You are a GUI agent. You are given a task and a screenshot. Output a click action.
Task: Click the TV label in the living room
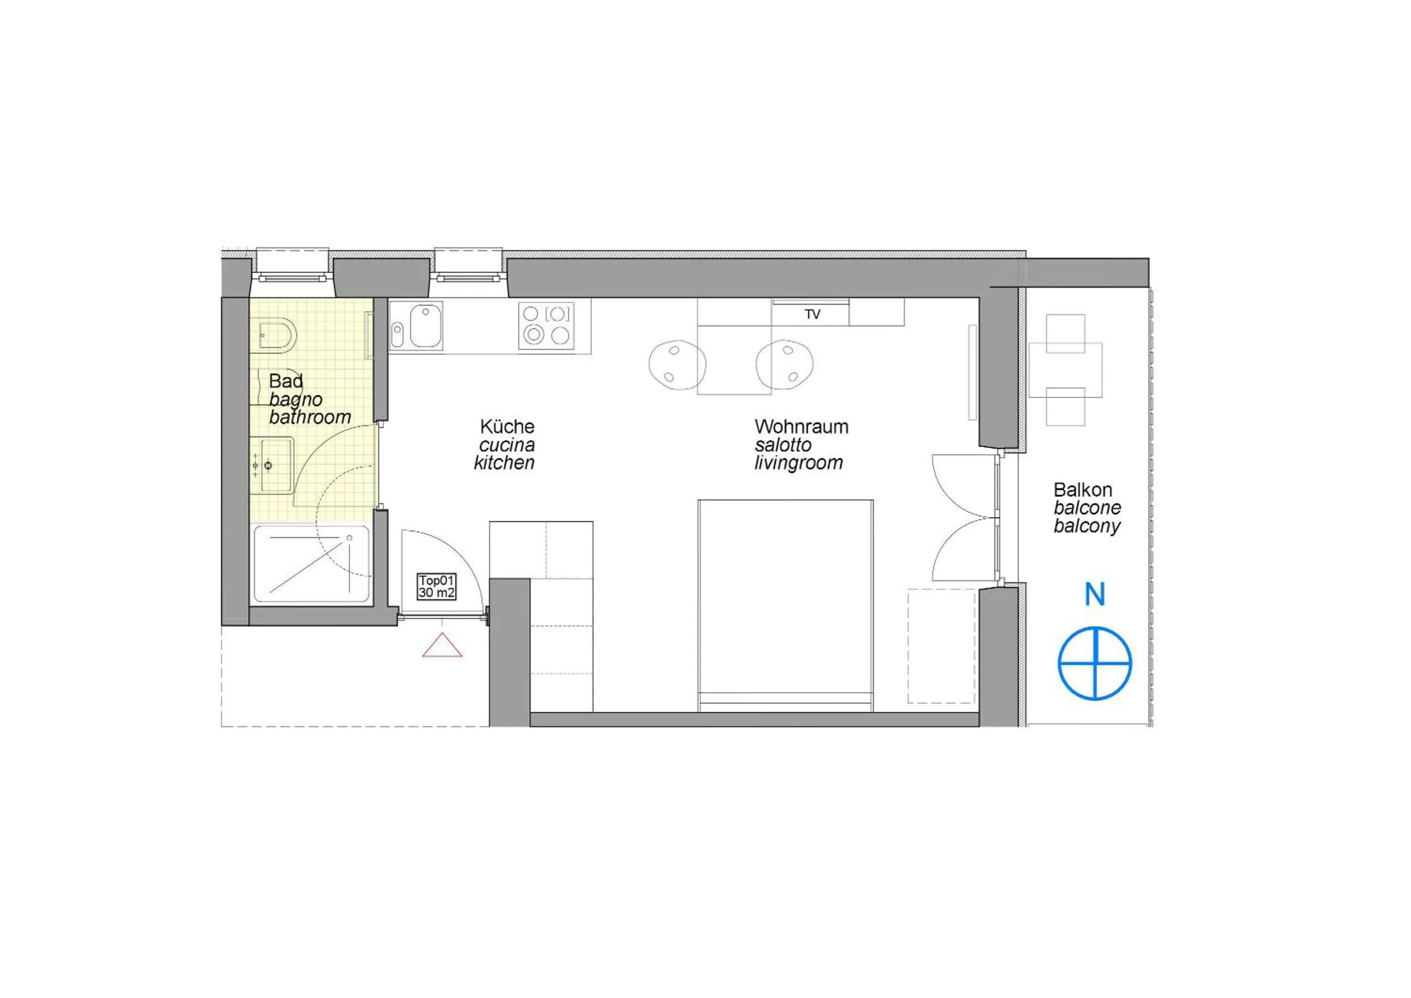point(812,315)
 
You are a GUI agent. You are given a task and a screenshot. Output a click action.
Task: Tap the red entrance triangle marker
point(442,647)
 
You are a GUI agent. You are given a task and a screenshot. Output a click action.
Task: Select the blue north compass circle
point(1094,664)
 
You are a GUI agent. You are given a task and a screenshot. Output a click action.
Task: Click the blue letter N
point(1094,594)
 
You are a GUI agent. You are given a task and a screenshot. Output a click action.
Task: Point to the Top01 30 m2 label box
point(436,586)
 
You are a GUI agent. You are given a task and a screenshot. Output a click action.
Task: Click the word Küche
point(507,427)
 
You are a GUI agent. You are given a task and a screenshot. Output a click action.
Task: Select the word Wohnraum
point(801,427)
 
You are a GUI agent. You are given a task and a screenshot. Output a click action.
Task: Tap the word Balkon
point(1083,490)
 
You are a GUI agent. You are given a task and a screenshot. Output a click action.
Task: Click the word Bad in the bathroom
point(286,381)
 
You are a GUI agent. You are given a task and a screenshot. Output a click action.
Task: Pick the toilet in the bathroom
point(277,335)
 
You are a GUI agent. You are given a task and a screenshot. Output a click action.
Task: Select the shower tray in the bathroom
point(312,563)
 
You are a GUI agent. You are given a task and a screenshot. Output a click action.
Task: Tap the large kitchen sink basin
point(426,326)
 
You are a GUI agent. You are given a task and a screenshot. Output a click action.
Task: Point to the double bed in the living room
point(785,605)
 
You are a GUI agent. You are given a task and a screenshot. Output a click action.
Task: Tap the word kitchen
point(504,463)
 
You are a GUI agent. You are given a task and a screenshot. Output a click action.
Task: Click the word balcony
point(1086,526)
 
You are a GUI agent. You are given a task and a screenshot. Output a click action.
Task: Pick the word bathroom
point(310,417)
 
